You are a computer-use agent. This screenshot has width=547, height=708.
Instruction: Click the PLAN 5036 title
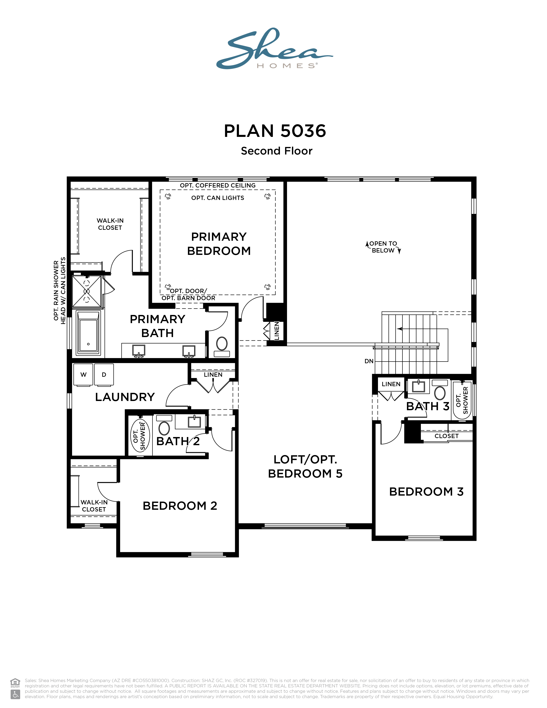tap(275, 131)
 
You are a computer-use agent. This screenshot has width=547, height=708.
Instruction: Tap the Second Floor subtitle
tap(277, 151)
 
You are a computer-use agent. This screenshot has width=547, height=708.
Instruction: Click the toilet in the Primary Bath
tap(222, 345)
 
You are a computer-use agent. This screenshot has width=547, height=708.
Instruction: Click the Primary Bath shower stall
tap(86, 291)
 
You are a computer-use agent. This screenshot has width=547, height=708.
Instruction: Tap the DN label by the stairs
tap(369, 361)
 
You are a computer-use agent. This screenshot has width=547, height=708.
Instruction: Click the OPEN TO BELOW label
tap(383, 247)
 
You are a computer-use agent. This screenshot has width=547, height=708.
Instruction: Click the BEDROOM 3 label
tap(426, 492)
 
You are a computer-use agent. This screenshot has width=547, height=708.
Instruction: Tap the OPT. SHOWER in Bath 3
tap(462, 400)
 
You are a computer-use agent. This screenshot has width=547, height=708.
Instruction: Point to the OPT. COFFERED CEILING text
tap(218, 185)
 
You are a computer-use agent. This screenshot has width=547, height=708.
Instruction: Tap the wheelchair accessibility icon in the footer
tap(15, 694)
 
